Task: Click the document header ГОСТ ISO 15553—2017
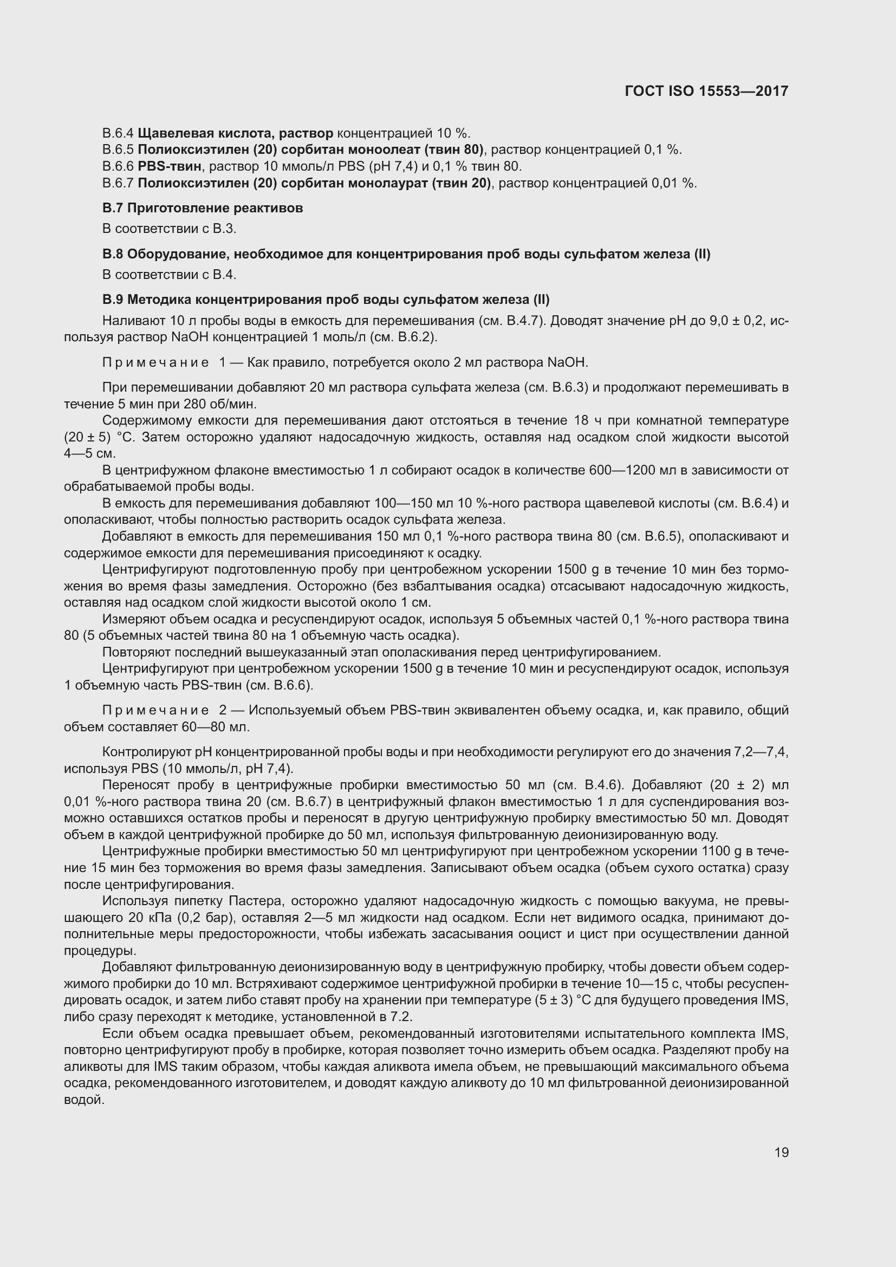tap(706, 91)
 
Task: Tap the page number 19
tap(781, 1152)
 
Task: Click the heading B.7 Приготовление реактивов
tap(203, 208)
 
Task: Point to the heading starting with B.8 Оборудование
tap(406, 254)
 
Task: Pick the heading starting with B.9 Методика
tap(326, 300)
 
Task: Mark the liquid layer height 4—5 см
tap(89, 453)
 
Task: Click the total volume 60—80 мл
tap(215, 727)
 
